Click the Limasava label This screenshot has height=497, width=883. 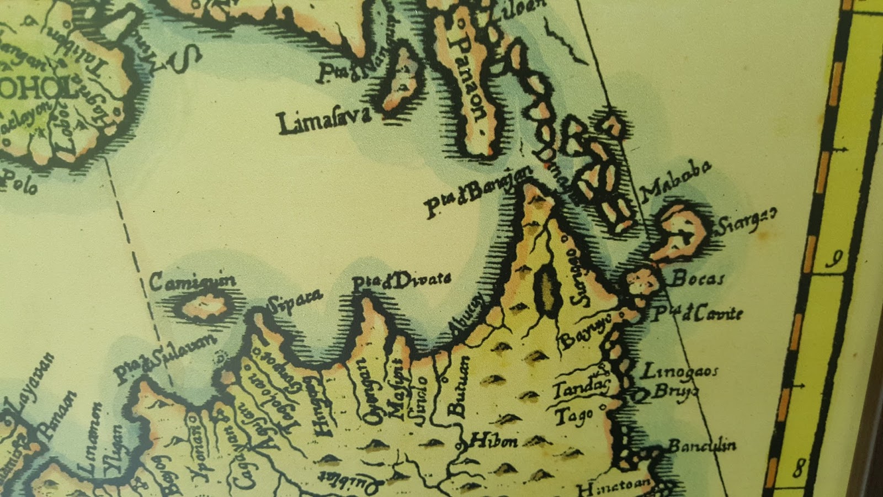coord(323,122)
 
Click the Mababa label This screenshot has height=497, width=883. coord(675,181)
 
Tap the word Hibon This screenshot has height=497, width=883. coord(494,441)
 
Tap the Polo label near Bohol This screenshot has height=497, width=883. coord(19,183)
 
